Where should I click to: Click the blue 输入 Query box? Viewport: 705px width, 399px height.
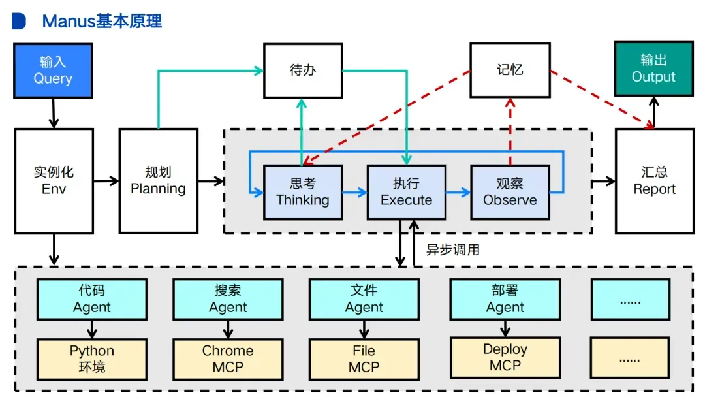[x=53, y=71]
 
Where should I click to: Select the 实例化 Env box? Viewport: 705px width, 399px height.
[x=54, y=181]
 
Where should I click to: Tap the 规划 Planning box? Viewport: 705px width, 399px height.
[x=158, y=181]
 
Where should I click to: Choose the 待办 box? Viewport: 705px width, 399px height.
[x=303, y=70]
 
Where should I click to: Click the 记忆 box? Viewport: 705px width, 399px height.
[x=510, y=70]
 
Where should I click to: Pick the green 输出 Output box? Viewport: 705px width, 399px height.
[x=653, y=69]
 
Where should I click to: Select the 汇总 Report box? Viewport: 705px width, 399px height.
[x=654, y=181]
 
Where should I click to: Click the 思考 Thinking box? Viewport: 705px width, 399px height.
[x=303, y=192]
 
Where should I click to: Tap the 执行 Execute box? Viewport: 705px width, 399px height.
[x=406, y=192]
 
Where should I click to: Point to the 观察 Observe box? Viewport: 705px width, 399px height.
[x=510, y=192]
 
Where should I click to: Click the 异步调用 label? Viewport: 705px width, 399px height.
[x=453, y=249]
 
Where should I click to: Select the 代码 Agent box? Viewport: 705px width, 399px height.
[x=92, y=299]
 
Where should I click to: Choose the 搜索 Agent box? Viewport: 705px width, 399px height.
[x=228, y=299]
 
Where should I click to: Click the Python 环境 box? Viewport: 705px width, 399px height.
[x=92, y=359]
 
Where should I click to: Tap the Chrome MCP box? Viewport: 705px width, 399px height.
[x=228, y=359]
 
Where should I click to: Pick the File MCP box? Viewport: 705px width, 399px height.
[x=364, y=359]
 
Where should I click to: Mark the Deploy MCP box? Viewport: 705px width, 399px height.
[x=505, y=357]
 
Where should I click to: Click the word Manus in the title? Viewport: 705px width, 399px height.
[x=69, y=21]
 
